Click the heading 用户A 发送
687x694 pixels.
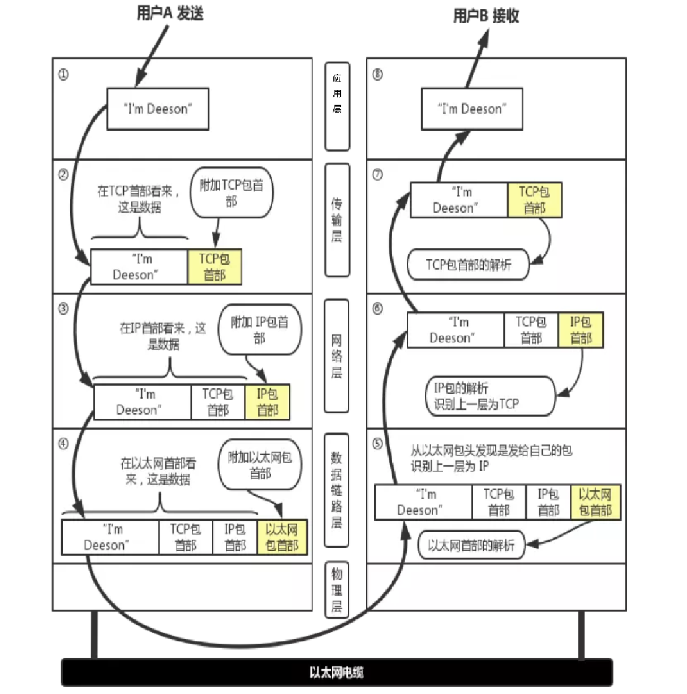click(170, 14)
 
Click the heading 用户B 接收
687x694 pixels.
click(486, 16)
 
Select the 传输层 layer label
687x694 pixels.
click(337, 220)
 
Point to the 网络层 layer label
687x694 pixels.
click(337, 356)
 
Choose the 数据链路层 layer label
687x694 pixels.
click(337, 490)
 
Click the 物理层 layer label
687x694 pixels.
click(337, 590)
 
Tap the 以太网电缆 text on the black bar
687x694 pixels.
click(337, 672)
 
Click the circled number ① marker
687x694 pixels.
click(63, 75)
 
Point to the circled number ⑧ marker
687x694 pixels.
click(377, 75)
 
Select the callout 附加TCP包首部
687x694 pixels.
click(231, 192)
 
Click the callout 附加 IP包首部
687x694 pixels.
click(260, 329)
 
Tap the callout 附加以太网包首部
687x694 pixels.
click(260, 465)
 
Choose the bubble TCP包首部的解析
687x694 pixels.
click(469, 265)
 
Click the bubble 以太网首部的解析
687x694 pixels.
click(471, 545)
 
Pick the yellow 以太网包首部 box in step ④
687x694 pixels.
click(282, 537)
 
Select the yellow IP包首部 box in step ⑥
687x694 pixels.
click(581, 330)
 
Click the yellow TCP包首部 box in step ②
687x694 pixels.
click(214, 267)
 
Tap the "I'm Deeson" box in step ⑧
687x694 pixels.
click(472, 109)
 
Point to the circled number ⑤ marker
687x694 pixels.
click(377, 444)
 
